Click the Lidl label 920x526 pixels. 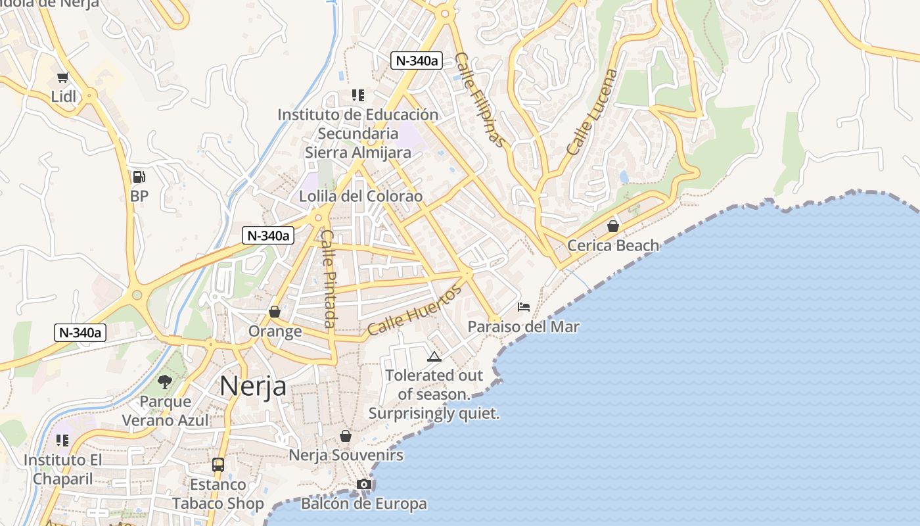64,97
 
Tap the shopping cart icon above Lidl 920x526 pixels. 63,78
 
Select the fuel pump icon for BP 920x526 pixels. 139,176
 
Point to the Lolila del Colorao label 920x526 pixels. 361,196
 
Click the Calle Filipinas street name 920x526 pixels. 481,100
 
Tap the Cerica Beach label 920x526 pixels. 613,245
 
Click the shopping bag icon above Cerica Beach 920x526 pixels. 613,226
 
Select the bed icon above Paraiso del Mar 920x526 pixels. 524,307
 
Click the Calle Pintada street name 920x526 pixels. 329,278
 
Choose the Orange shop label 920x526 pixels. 275,331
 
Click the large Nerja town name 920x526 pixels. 253,386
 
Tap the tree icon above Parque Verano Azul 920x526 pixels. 165,382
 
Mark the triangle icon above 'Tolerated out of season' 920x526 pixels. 434,357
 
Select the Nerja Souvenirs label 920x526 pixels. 346,455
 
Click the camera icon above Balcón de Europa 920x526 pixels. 364,485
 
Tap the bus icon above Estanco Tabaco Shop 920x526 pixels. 218,465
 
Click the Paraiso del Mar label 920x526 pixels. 524,327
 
